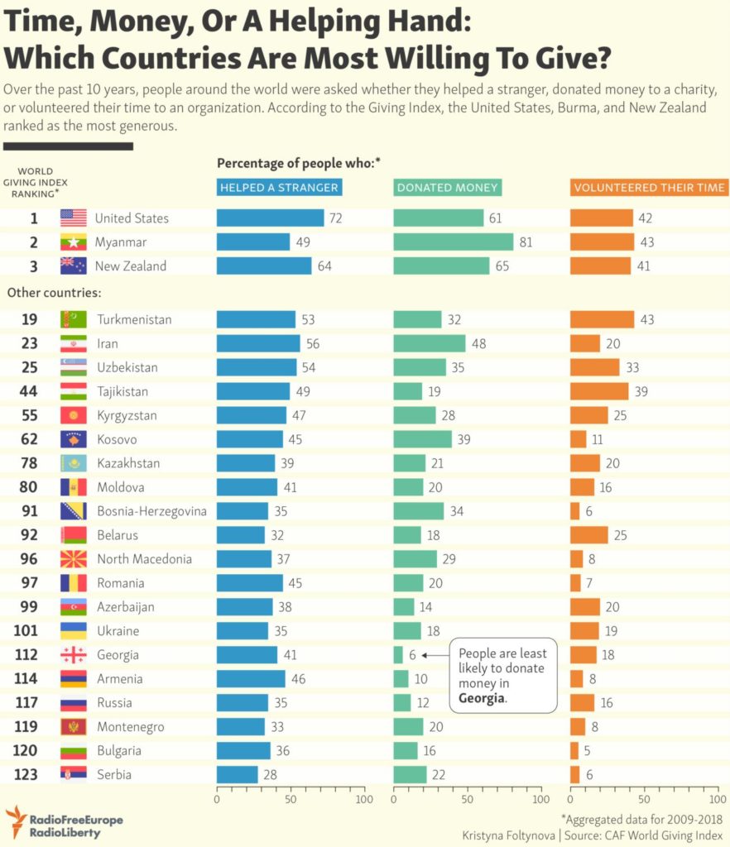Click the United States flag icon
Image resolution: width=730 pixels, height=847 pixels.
pos(73,218)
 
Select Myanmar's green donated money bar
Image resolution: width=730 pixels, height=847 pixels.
pos(453,242)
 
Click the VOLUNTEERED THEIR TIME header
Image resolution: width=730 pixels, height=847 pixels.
pos(649,188)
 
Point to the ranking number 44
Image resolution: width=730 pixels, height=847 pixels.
pos(28,391)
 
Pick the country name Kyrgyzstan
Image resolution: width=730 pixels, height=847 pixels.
pos(127,415)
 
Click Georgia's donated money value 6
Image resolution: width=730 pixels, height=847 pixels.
pos(413,655)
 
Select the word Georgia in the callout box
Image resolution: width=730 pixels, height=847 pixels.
pos(481,698)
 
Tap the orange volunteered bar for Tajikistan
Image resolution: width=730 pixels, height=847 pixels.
pos(598,391)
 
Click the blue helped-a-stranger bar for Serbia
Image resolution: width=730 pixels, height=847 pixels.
pos(237,775)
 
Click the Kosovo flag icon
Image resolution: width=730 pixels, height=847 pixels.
pos(73,439)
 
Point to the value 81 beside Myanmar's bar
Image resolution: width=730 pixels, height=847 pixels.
pos(525,242)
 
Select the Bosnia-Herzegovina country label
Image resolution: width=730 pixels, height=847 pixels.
pos(151,511)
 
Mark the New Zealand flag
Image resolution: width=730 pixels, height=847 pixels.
pos(73,266)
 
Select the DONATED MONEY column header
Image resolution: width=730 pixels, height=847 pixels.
pos(448,188)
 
